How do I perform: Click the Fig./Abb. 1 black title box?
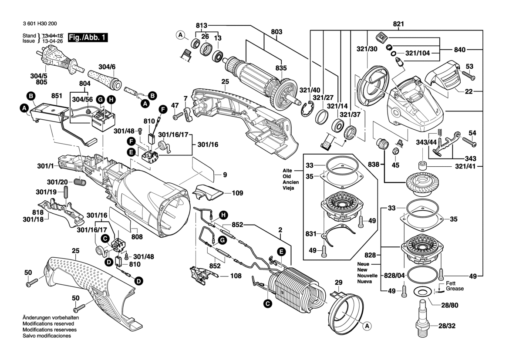pos(88,38)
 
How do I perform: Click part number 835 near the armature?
pos(281,68)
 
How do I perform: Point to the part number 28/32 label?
pos(447,326)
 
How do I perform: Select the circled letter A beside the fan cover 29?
pos(367,326)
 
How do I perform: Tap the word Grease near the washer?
pos(455,289)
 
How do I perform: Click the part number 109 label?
pos(237,193)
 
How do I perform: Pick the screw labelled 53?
pos(467,76)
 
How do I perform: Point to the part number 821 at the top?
pos(398,24)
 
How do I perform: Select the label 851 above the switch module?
pos(57,96)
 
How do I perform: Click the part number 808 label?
pos(137,237)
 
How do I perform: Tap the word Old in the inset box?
pos(287,176)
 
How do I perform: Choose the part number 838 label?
pos(374,164)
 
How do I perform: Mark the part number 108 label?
pos(236,276)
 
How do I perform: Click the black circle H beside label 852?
pos(223,215)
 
